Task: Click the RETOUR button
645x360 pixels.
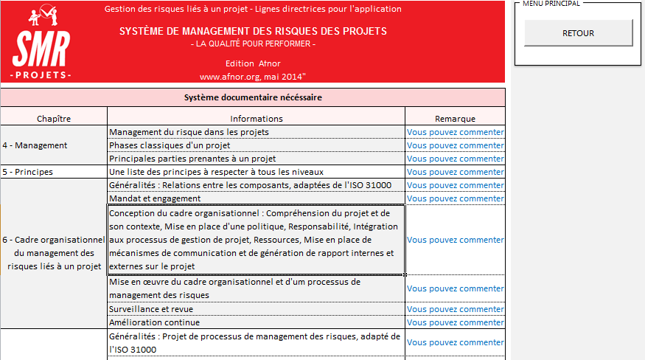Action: tap(578, 33)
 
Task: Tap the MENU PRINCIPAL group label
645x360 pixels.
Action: tap(551, 4)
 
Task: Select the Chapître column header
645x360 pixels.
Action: tap(54, 118)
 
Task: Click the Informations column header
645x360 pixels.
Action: tap(256, 118)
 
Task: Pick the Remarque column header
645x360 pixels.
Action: tap(455, 118)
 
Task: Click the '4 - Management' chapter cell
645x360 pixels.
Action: tap(35, 145)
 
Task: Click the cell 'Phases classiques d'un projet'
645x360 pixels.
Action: tap(170, 145)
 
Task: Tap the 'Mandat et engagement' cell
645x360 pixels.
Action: tap(154, 198)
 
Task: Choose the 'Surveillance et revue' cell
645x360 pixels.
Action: tap(151, 309)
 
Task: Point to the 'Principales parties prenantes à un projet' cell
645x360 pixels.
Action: tap(192, 159)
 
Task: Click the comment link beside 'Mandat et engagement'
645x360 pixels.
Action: tap(455, 198)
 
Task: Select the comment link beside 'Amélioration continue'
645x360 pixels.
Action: tap(455, 322)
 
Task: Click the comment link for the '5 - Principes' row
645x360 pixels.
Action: tap(455, 172)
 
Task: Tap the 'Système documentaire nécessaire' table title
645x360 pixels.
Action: tap(252, 97)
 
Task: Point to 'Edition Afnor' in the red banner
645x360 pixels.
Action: tap(253, 63)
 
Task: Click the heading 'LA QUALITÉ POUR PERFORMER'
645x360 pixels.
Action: tap(253, 44)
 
